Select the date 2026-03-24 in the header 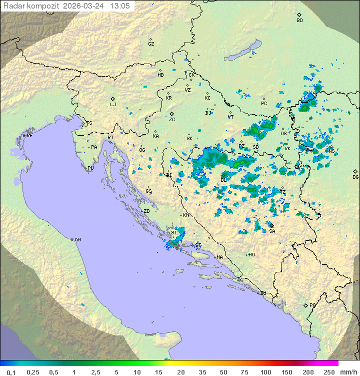click(84, 6)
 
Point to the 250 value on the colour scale click(328, 372)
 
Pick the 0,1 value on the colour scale click(11, 372)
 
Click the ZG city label click(172, 120)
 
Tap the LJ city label click(113, 105)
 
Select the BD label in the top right click(299, 21)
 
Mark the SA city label click(272, 231)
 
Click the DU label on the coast click(262, 293)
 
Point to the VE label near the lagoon click(29, 136)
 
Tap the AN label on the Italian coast click(77, 240)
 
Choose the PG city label click(312, 305)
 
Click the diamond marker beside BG click(355, 171)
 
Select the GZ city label click(151, 44)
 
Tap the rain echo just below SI click(175, 243)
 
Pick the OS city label click(283, 134)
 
